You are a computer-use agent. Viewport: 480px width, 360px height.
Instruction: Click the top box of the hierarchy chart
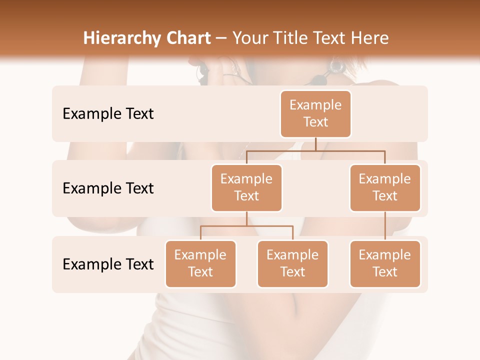point(315,113)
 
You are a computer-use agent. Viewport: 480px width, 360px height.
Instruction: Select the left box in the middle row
point(246,187)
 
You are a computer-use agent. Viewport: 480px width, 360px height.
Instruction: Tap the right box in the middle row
point(385,187)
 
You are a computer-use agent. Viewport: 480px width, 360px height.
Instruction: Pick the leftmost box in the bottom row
point(200,263)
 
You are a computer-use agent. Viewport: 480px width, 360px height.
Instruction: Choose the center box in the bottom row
point(292,263)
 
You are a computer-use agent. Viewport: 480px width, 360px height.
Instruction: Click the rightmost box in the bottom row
point(385,263)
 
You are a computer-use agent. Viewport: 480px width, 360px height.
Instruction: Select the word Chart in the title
point(186,38)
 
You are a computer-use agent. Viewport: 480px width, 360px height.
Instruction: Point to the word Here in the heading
point(370,38)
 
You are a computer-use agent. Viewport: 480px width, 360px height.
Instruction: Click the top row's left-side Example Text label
point(108,113)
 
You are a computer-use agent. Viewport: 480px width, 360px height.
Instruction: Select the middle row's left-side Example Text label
point(108,188)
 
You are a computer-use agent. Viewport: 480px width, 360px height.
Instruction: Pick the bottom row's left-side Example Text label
point(108,264)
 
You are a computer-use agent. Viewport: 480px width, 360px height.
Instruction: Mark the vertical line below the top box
point(315,144)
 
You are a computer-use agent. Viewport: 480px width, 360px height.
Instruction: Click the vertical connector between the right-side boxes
point(385,226)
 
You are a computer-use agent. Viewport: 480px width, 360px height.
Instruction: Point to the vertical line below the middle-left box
point(246,218)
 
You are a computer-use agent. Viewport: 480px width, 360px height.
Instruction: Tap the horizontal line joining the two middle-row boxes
point(315,150)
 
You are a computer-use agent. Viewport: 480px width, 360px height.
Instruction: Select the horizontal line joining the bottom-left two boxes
point(246,226)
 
